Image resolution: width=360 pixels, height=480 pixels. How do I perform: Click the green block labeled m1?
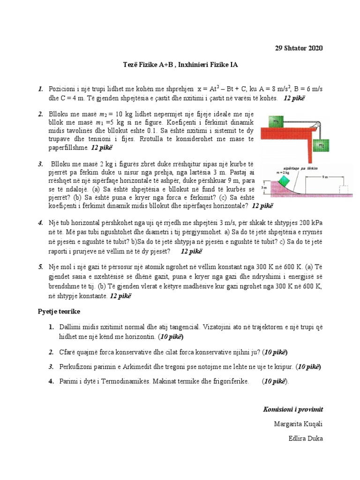coord(277,122)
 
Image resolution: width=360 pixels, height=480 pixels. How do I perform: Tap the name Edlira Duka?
coord(307,438)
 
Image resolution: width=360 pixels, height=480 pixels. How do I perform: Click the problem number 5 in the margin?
coord(41,267)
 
